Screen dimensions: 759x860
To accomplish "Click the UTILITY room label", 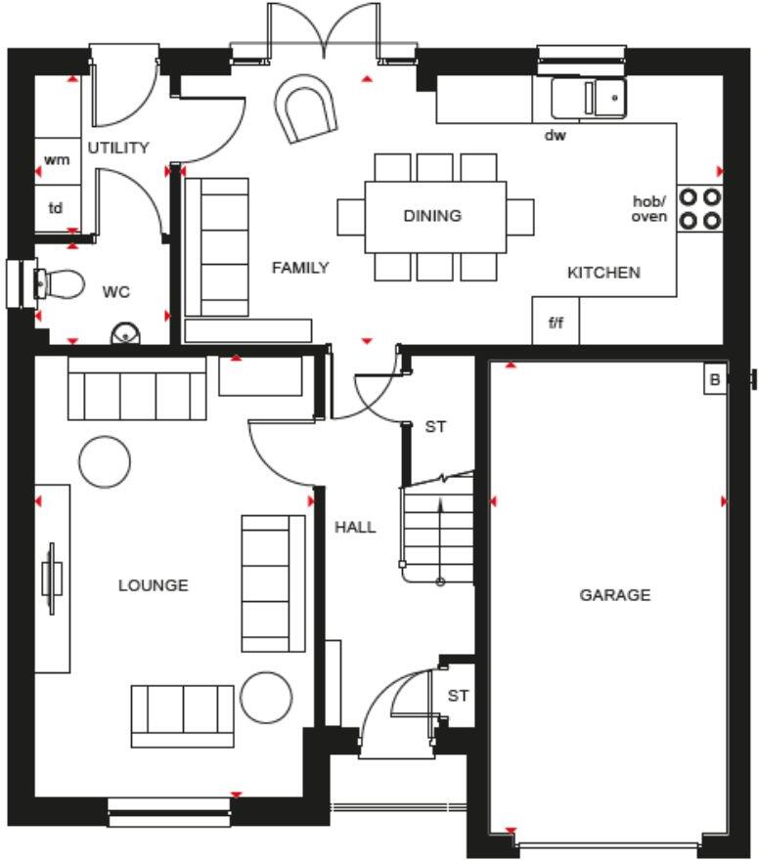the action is (x=118, y=148).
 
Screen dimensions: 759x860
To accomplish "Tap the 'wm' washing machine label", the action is (x=57, y=159).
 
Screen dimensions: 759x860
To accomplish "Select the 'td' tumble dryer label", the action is (x=56, y=208).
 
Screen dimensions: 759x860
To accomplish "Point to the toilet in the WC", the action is (x=61, y=284).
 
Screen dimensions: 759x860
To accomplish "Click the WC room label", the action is (x=116, y=292).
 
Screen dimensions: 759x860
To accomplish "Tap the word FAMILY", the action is (x=300, y=268).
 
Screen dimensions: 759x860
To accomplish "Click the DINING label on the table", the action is (x=432, y=216).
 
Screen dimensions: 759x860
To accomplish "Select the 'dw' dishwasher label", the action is (x=555, y=135).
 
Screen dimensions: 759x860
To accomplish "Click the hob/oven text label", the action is (x=649, y=209).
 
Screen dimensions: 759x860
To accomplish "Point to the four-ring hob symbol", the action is (x=699, y=208).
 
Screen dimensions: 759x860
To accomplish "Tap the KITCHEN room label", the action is (x=603, y=273).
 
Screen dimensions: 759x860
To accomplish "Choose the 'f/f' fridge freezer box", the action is (x=556, y=321).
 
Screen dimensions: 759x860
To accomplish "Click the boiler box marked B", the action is (x=715, y=379).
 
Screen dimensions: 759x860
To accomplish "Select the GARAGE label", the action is (x=615, y=595).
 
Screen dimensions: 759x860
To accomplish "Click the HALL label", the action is (x=356, y=528).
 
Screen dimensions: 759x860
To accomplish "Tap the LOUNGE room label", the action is (x=154, y=585).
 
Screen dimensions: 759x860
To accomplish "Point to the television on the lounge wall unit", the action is (x=51, y=579).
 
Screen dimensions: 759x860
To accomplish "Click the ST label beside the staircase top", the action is (x=436, y=427).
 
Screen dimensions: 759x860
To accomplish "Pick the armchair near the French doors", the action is (x=305, y=108).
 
